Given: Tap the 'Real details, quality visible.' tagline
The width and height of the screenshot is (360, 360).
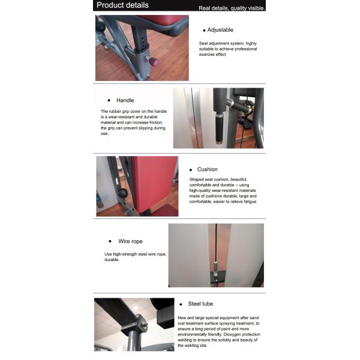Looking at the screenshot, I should click(232, 8).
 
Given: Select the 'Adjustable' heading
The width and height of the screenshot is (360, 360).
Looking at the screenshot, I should click(220, 30).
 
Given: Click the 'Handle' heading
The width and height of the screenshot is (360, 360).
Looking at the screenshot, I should click(125, 100).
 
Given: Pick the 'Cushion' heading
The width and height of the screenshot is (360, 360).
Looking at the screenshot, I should click(207, 169).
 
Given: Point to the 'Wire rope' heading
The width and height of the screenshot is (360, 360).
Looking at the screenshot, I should click(130, 241).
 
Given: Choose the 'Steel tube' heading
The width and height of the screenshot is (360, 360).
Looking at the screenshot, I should click(200, 304).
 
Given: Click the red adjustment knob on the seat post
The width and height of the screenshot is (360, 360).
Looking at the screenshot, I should click(153, 61).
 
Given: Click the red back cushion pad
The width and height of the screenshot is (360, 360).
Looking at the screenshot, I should click(154, 180).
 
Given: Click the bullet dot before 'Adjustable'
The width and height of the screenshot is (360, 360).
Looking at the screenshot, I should click(204, 30).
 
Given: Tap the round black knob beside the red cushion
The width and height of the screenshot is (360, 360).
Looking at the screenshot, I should click(123, 193).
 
